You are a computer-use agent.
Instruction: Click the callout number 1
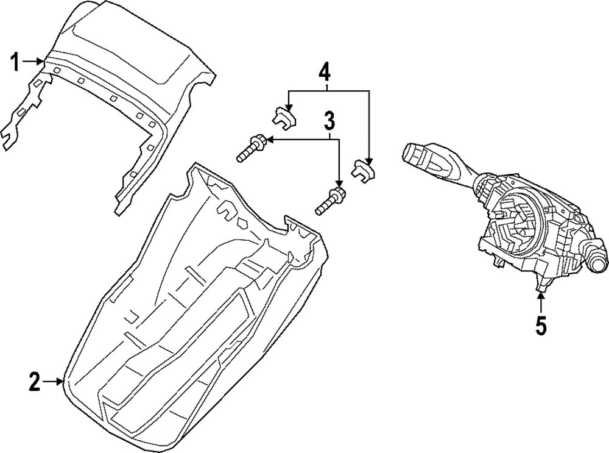click(x=16, y=61)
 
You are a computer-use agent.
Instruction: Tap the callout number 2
click(x=34, y=382)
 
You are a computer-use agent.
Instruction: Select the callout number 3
click(x=329, y=121)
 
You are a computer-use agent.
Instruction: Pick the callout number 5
click(x=541, y=326)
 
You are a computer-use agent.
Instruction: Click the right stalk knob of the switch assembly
click(x=596, y=262)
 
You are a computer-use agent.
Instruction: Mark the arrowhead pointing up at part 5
click(x=541, y=297)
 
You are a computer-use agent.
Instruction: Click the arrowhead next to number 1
click(x=41, y=61)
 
